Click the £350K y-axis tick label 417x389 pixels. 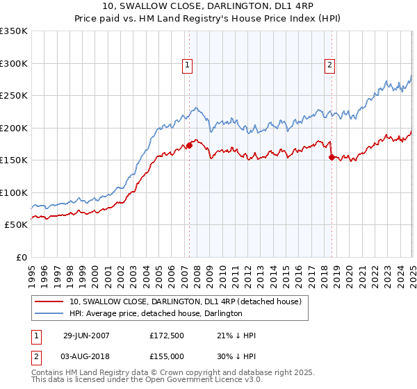14,31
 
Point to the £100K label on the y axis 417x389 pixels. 14,192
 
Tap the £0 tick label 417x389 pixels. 20,257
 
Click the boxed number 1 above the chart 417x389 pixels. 188,66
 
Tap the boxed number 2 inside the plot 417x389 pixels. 329,66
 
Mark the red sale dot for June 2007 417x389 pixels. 189,146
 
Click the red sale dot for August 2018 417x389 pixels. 331,157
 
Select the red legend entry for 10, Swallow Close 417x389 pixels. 185,301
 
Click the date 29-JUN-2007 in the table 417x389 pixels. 86,336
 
